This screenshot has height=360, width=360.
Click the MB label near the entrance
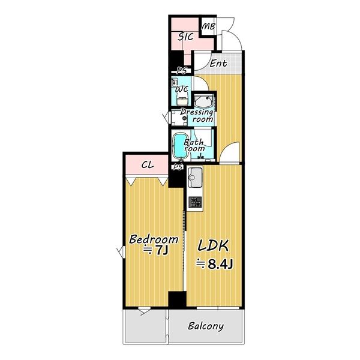(208, 26)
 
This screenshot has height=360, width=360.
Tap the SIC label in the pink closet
(186, 37)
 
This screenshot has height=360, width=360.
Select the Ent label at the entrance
(218, 63)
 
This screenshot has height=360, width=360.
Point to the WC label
(182, 89)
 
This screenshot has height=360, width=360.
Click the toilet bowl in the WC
(182, 101)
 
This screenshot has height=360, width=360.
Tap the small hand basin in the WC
(175, 82)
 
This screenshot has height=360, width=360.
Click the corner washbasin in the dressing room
(203, 101)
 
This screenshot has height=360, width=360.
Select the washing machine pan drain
(184, 118)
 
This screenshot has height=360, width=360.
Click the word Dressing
(197, 112)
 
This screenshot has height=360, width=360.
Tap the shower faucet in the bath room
(201, 157)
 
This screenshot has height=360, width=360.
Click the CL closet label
(148, 165)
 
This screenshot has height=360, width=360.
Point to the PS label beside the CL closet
(178, 167)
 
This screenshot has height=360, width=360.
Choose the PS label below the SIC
(181, 71)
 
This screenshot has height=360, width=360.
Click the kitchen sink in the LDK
(195, 177)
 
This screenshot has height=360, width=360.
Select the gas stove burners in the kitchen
(195, 202)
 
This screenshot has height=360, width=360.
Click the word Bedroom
(154, 239)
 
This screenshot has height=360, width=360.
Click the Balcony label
(205, 326)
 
